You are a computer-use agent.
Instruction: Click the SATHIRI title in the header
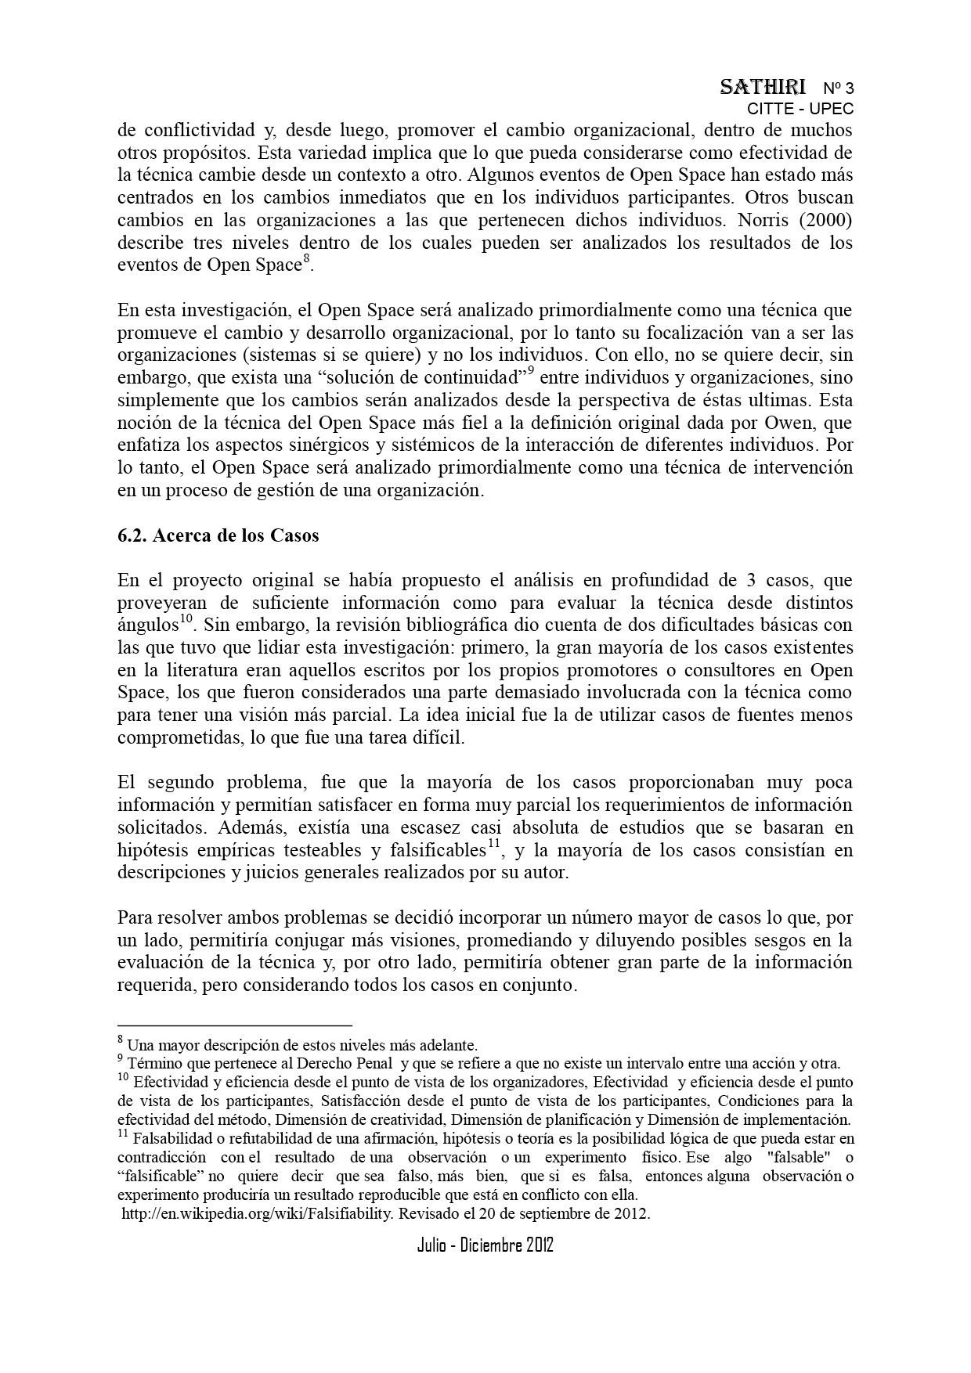pos(762,87)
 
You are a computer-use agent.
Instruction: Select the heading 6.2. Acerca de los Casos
pos(218,536)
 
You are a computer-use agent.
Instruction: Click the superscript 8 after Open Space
pos(306,260)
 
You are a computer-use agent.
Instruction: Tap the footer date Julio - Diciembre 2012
pos(485,1245)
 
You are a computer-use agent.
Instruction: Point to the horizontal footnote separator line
pos(235,1025)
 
